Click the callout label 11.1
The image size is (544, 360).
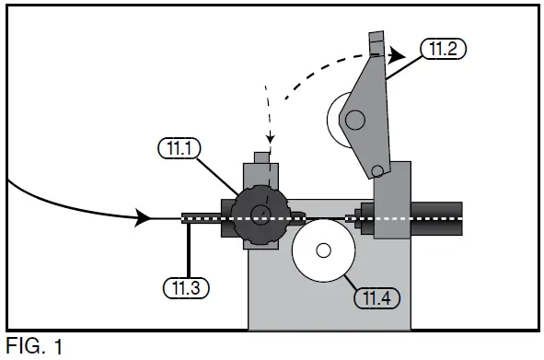click(177, 147)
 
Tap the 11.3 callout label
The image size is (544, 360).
click(188, 286)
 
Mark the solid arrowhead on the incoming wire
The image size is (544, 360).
click(142, 218)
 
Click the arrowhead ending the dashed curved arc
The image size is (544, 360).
click(396, 54)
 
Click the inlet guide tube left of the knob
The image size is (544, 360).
click(203, 218)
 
